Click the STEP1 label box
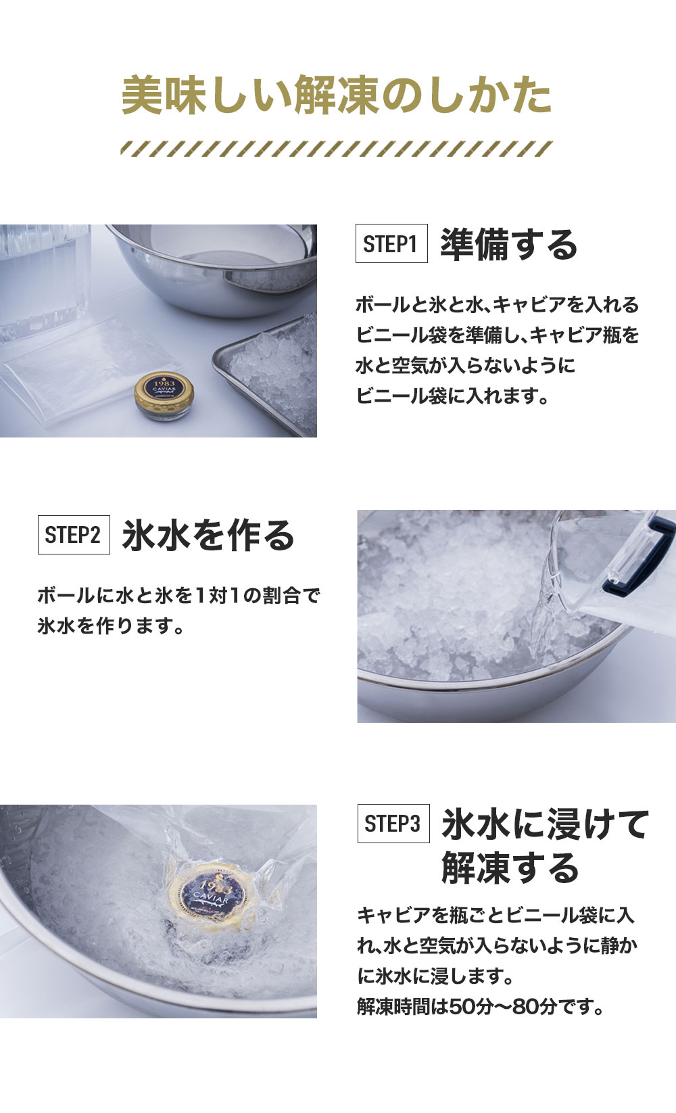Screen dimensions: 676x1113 coord(391,243)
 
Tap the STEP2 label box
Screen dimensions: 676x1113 coord(74,535)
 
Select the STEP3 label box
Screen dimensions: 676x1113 coord(393,824)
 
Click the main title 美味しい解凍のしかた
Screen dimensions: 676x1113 coord(337,95)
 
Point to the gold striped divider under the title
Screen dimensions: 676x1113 coord(337,149)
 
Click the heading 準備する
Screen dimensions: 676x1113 coord(508,244)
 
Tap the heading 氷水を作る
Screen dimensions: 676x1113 coord(208,535)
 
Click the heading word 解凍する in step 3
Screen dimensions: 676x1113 coord(510,868)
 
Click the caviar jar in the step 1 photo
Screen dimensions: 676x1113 coord(164,396)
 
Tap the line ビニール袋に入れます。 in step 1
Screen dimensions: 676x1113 coord(452,396)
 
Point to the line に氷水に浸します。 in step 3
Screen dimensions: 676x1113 coord(435,976)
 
